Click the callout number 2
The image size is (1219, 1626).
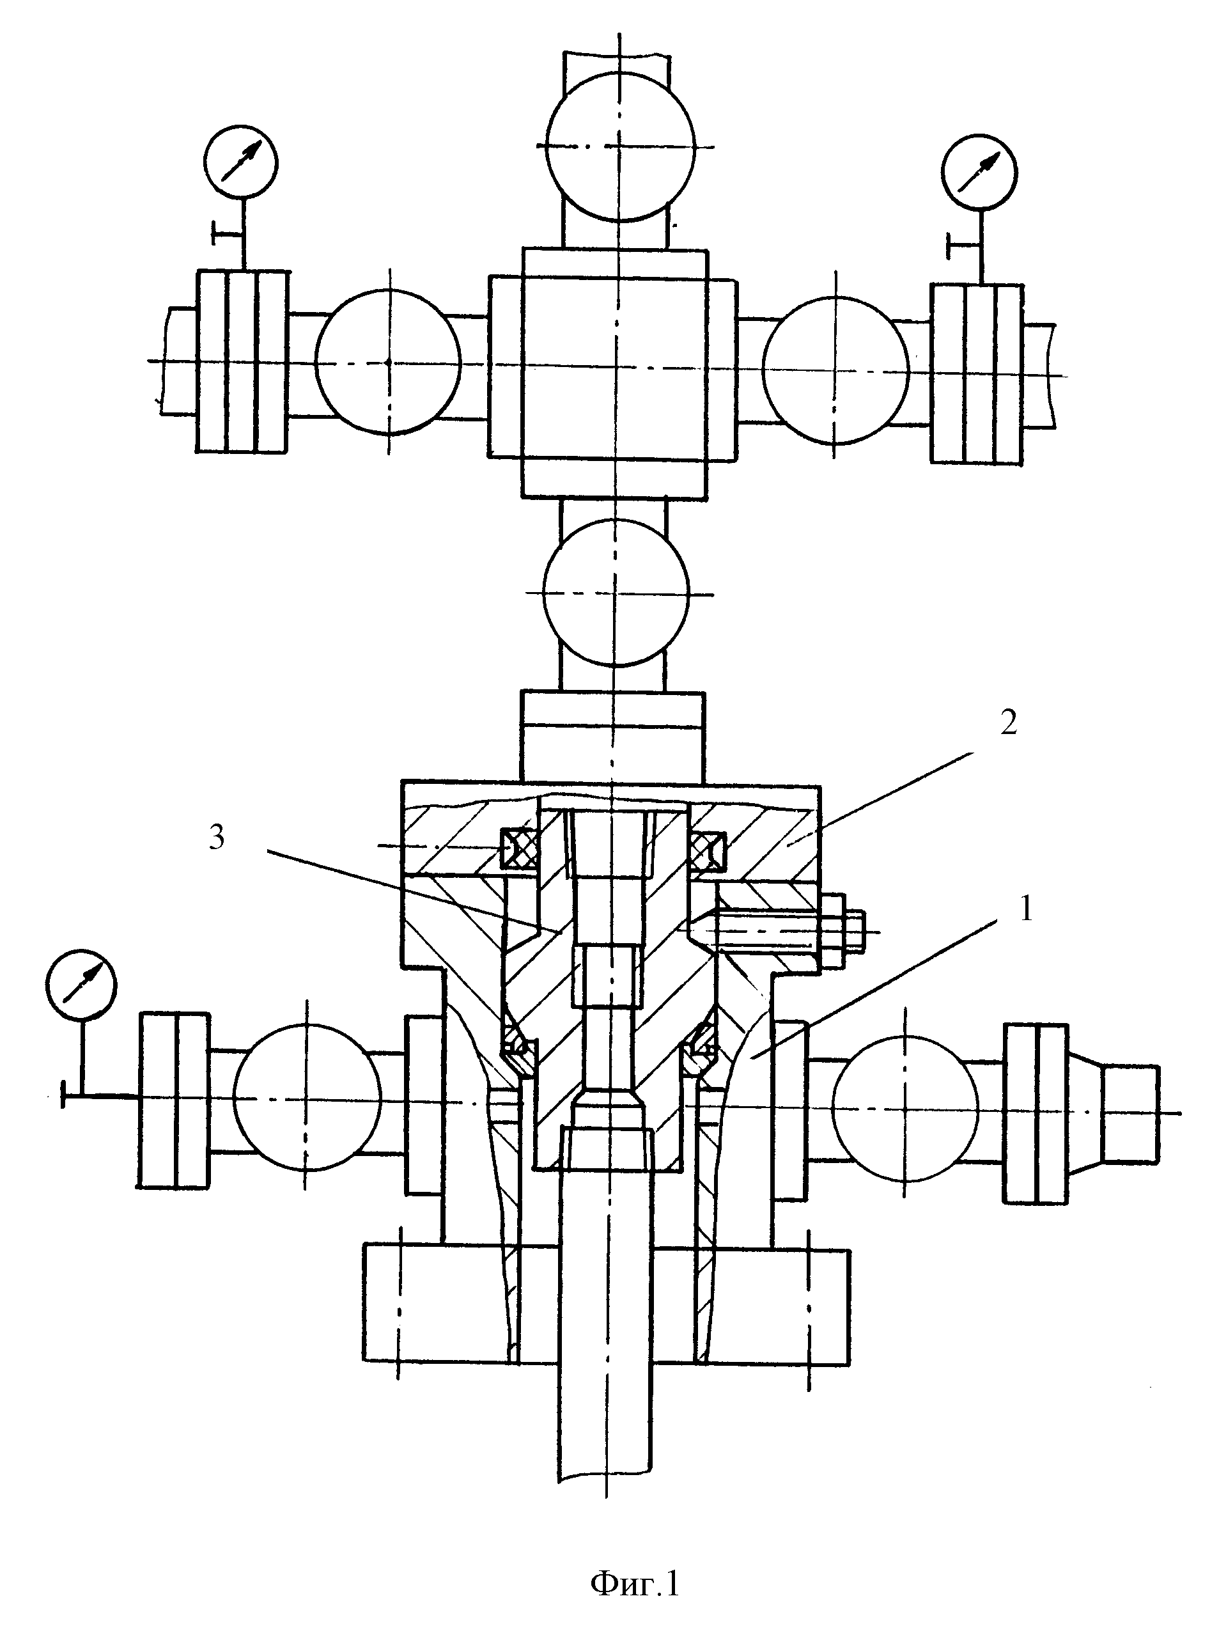[x=1008, y=723]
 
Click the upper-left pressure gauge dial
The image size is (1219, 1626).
[x=242, y=162]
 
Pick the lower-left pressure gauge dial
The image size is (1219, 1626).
[x=81, y=984]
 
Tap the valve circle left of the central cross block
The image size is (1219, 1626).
[x=388, y=362]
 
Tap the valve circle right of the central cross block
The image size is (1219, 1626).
[x=835, y=370]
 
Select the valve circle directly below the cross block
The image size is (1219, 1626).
[x=616, y=593]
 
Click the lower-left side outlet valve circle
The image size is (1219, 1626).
[x=307, y=1095]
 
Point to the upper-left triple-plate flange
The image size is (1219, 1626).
[x=242, y=361]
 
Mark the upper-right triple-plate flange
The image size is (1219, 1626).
[x=977, y=373]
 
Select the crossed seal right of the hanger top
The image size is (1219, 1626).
[x=708, y=850]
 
